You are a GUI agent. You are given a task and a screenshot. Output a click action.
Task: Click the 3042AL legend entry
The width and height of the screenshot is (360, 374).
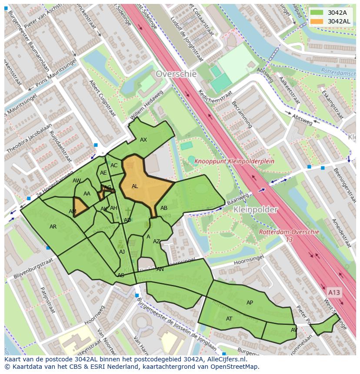point(339,21)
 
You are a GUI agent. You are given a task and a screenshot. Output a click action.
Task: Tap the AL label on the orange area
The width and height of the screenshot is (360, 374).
point(135,186)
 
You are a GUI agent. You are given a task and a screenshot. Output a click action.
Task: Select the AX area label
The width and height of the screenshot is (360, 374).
point(143,140)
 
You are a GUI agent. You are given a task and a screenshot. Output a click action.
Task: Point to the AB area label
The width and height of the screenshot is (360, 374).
point(164,208)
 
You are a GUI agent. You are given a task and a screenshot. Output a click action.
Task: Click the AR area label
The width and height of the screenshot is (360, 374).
point(53,227)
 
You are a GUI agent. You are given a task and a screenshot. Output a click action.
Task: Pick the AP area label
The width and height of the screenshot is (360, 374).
point(250,303)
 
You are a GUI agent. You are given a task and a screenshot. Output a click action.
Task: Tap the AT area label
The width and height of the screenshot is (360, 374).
point(229,319)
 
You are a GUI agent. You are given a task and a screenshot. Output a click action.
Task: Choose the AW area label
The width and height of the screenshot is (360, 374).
point(77,181)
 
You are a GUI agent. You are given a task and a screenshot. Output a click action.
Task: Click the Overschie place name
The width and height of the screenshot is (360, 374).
point(176,74)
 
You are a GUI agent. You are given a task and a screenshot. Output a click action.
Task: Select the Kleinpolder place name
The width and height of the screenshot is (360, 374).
point(255,209)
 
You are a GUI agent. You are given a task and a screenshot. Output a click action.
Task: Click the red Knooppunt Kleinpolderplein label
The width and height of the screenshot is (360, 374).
point(234,161)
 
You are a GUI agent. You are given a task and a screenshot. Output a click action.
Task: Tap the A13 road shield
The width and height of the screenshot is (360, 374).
point(334,292)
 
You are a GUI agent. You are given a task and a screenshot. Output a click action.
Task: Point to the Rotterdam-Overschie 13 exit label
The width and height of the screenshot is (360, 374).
point(289,235)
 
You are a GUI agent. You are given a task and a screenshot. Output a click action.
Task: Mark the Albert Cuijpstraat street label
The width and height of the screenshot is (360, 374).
point(102,99)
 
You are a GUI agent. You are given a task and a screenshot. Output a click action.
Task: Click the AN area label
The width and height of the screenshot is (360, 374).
point(160,269)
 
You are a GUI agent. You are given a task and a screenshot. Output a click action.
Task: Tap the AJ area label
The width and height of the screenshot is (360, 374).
point(122,252)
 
